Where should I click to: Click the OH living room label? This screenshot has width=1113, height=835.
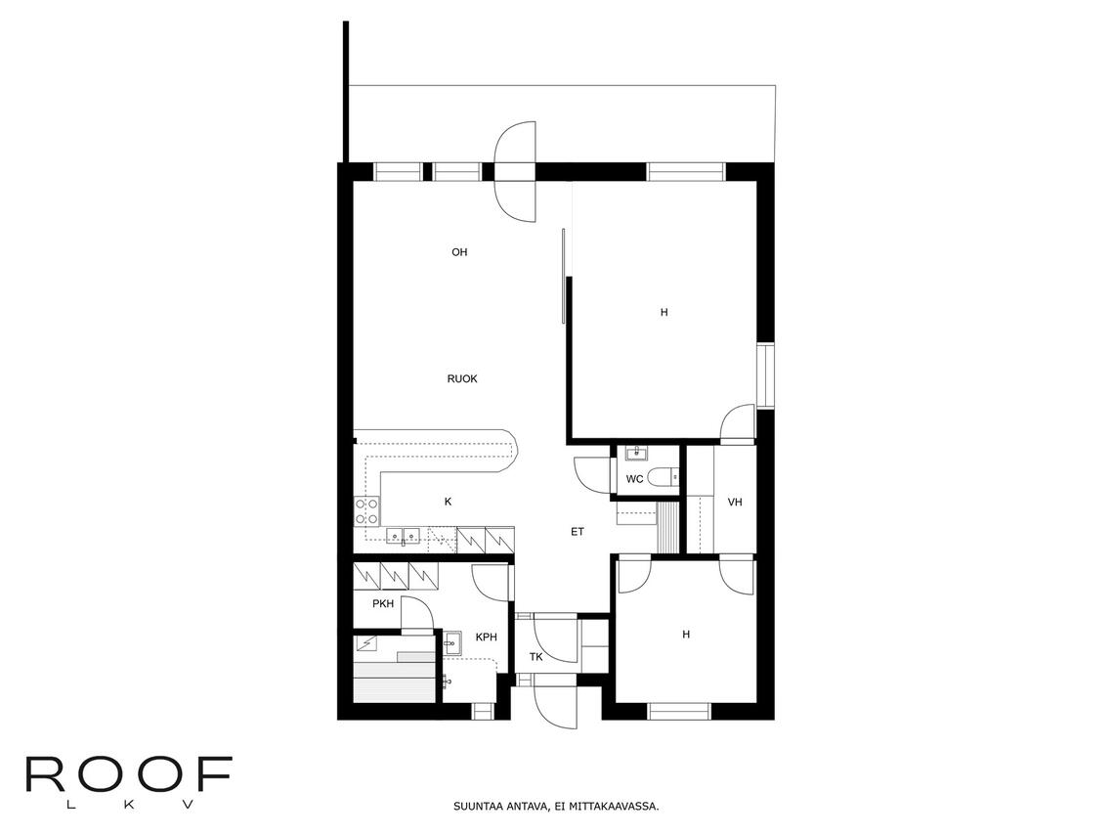click(x=459, y=252)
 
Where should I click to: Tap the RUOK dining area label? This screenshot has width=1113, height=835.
click(x=462, y=379)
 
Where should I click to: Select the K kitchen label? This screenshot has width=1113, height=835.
click(x=448, y=502)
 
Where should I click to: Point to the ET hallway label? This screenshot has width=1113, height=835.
click(x=578, y=532)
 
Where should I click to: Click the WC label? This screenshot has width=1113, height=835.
click(x=634, y=479)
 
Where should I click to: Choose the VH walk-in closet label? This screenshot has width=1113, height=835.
click(x=736, y=502)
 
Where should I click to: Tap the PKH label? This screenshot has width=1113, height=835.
click(x=383, y=604)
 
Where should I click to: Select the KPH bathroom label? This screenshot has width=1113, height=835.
click(x=487, y=637)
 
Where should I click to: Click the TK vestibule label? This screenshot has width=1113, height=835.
click(x=535, y=657)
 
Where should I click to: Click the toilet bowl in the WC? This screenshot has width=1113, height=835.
click(x=663, y=476)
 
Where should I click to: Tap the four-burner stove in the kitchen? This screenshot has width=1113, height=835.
click(x=367, y=511)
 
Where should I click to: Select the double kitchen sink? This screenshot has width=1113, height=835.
click(x=404, y=536)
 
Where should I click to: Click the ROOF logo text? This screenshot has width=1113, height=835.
click(x=128, y=774)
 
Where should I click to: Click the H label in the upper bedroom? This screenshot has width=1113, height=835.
click(x=664, y=313)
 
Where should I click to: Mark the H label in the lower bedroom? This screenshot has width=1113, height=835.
click(x=686, y=635)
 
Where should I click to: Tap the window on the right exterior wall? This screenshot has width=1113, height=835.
click(x=765, y=375)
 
